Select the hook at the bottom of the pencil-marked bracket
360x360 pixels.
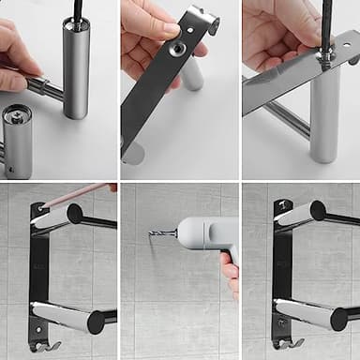tap(44, 345)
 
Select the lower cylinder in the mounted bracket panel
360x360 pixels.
tap(305, 313)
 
